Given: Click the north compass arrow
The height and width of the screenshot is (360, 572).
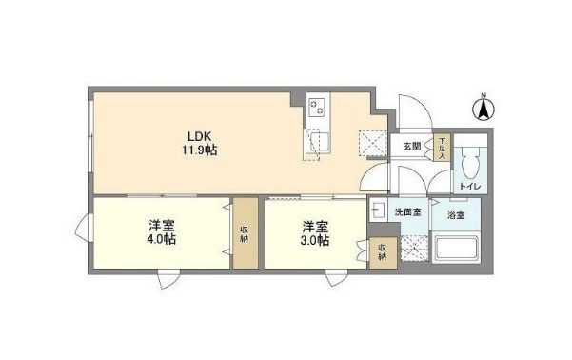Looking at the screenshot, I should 483,111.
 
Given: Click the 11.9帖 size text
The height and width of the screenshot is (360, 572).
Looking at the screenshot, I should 199,150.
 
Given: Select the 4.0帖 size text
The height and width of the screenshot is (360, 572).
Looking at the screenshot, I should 161,240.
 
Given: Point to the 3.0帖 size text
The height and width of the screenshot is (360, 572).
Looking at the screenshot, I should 316,240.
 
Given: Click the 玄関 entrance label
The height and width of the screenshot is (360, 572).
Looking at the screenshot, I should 411,146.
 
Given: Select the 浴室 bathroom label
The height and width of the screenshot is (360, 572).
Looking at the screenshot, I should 457,215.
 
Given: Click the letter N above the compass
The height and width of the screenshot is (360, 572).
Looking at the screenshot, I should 483,94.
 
